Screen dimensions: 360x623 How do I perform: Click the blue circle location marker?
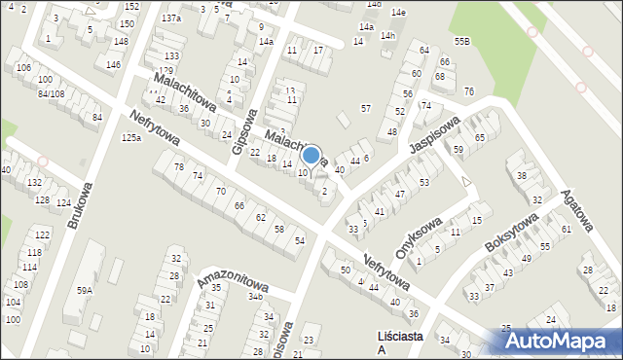pyautogui.click(x=311, y=154)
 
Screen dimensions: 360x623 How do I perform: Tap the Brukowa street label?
pyautogui.click(x=81, y=205)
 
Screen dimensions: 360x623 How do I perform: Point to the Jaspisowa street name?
pyautogui.click(x=434, y=136)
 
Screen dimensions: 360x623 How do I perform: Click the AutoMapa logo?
pyautogui.click(x=562, y=340)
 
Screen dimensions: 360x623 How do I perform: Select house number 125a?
pyautogui.click(x=131, y=138)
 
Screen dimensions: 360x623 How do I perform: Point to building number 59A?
pyautogui.click(x=86, y=290)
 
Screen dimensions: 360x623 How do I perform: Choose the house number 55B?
pyautogui.click(x=461, y=41)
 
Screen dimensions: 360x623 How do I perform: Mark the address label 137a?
pyautogui.click(x=171, y=18)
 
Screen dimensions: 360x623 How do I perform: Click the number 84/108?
pyautogui.click(x=51, y=93)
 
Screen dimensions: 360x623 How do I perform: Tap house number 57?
pyautogui.click(x=365, y=108)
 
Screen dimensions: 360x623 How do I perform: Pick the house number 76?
pyautogui.click(x=469, y=90)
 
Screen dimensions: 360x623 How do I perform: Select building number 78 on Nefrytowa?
pyautogui.click(x=178, y=167)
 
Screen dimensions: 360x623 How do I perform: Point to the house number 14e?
pyautogui.click(x=398, y=12)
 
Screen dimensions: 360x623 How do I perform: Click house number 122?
pyautogui.click(x=42, y=235)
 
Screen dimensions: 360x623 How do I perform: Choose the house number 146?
pyautogui.click(x=113, y=64)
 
